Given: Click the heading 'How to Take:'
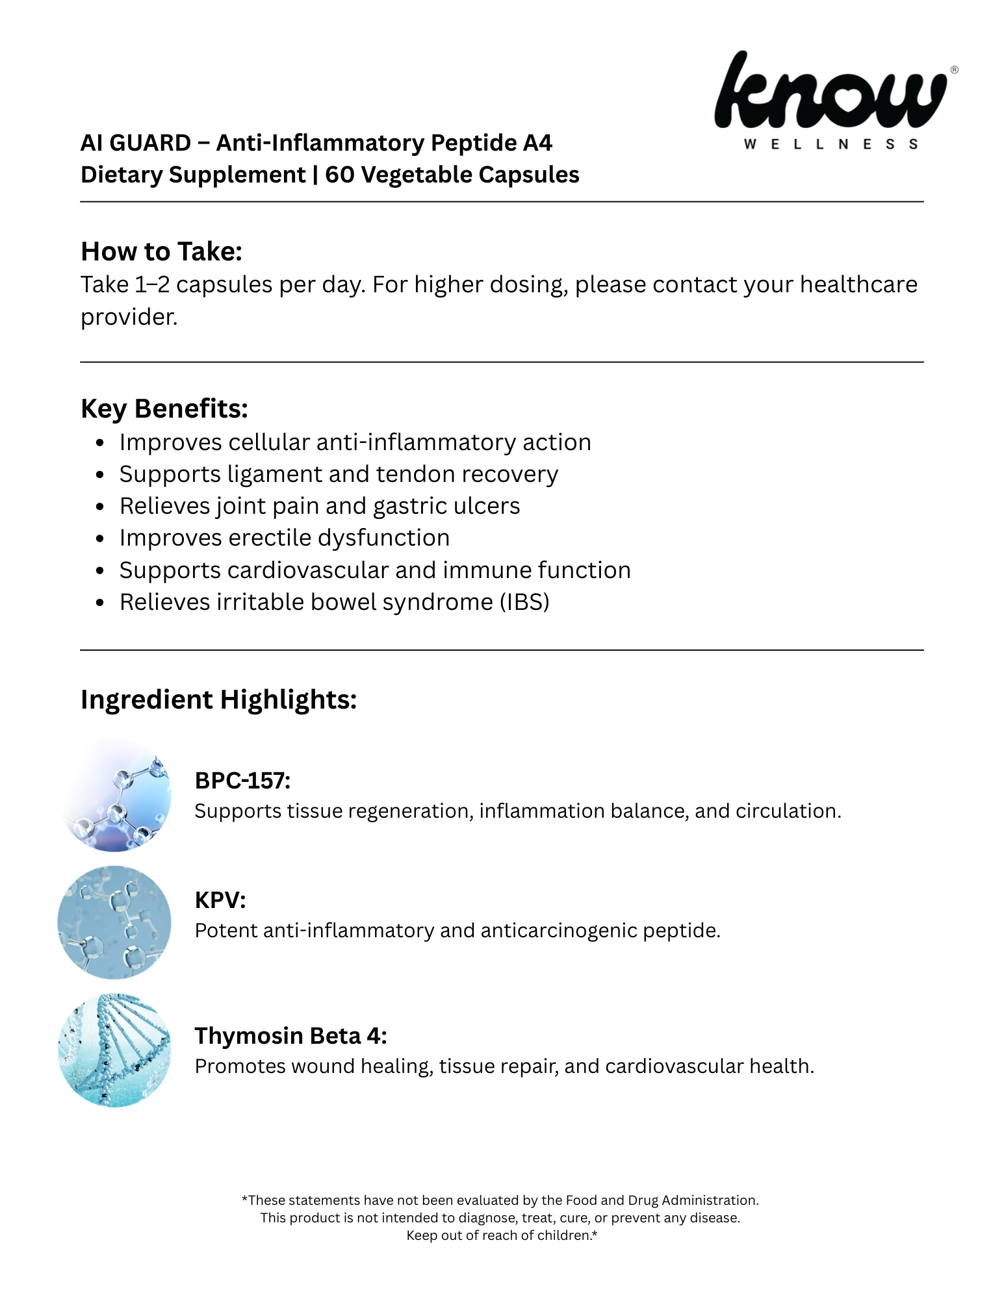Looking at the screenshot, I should point(161,251).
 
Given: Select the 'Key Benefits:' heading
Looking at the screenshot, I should point(164,409).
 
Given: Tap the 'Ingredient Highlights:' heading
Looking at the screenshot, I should point(218,700).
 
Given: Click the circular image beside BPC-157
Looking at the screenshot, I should point(114,795).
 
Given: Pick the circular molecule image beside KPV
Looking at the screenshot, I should point(114,922).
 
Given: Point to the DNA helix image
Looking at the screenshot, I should point(114,1050).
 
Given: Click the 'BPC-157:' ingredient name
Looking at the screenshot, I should point(242,780).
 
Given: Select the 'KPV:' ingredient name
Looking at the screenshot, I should point(220,900).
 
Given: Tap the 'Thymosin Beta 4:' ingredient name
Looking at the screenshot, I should point(290,1035).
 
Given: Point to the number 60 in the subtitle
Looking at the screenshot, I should point(338,175).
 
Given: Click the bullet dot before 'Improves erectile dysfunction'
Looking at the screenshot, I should point(99,538).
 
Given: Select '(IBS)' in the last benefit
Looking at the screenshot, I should point(524,602).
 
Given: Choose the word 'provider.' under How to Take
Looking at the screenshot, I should point(129,317).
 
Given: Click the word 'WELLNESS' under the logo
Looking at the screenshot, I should point(830,144).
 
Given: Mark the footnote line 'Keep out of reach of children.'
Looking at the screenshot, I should point(501,1235).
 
